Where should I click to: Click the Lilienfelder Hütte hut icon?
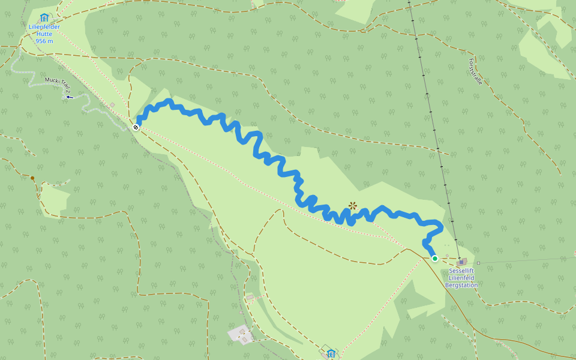click(x=44, y=18)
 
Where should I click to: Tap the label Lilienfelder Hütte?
click(x=44, y=31)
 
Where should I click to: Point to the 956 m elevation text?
click(x=44, y=41)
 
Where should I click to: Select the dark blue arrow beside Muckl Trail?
click(x=70, y=96)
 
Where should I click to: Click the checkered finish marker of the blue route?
click(x=136, y=127)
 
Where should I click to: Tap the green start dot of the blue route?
click(x=435, y=259)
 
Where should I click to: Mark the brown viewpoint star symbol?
click(x=353, y=206)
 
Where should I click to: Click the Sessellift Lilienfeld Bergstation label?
click(x=461, y=278)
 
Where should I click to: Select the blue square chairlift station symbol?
click(x=460, y=262)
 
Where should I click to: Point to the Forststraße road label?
click(x=475, y=71)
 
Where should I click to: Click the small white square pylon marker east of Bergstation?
click(x=478, y=263)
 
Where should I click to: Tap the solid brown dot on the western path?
click(x=32, y=178)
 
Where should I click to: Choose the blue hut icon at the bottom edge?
click(x=330, y=352)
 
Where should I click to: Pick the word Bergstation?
click(x=461, y=285)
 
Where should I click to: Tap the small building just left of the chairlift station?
click(x=448, y=255)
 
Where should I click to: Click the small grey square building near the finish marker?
click(x=112, y=105)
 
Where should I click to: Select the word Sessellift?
click(x=461, y=271)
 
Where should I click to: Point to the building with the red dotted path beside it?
click(x=250, y=297)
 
